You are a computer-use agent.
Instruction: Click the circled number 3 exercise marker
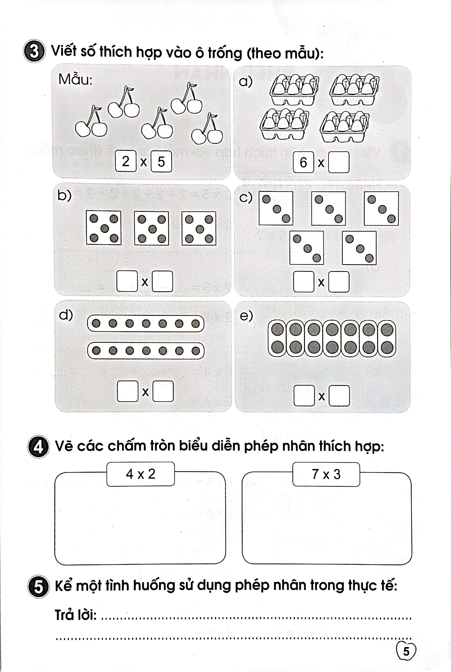click(x=34, y=51)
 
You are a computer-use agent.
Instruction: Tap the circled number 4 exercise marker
click(x=38, y=447)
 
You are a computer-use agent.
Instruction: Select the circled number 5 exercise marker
click(x=38, y=587)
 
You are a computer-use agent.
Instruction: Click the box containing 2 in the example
click(x=126, y=161)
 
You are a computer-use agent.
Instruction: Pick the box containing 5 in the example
click(x=161, y=161)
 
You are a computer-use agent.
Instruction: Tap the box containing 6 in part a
click(x=303, y=162)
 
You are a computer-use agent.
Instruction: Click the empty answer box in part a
click(x=339, y=162)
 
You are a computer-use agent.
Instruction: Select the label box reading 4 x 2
click(x=140, y=474)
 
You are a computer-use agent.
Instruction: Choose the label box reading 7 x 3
click(x=326, y=474)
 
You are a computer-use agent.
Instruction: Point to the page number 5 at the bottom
click(x=406, y=651)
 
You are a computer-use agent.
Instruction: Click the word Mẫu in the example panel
click(x=75, y=80)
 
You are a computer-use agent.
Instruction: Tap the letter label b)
click(x=64, y=195)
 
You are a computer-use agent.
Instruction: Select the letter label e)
click(x=246, y=316)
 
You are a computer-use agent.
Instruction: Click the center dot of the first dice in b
click(x=104, y=229)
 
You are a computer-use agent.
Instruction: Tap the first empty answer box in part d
click(x=127, y=391)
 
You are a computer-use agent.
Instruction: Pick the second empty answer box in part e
click(x=339, y=396)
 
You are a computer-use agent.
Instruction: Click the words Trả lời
click(x=76, y=615)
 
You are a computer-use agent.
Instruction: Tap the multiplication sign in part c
click(x=321, y=282)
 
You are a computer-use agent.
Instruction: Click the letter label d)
click(x=65, y=315)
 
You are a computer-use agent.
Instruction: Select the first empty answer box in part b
click(x=127, y=281)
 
